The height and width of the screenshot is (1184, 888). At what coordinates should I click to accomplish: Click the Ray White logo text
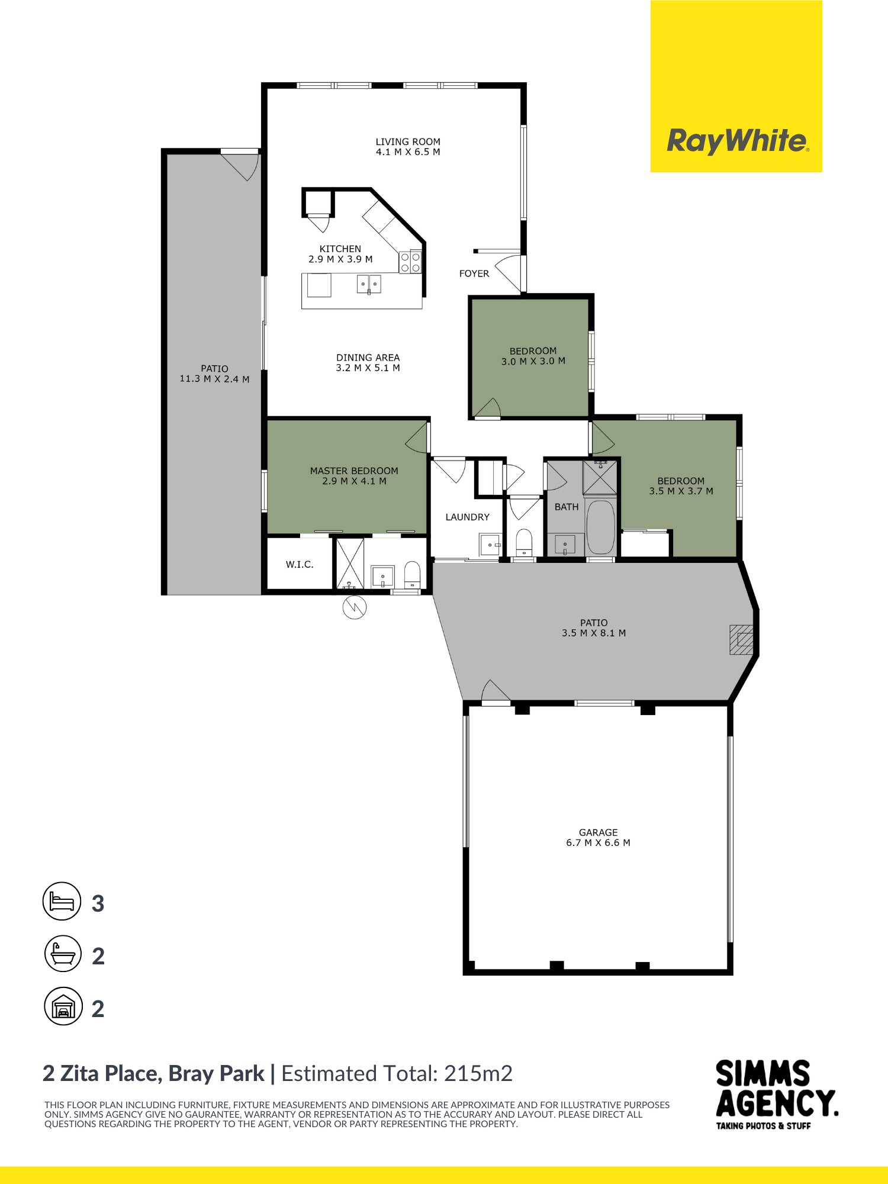click(737, 141)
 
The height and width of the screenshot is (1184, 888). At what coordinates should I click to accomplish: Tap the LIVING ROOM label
click(408, 142)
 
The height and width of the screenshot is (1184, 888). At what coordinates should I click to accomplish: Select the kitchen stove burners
click(410, 262)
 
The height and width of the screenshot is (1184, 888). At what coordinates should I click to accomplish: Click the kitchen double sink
click(369, 284)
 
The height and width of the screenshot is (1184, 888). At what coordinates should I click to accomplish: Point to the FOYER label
click(474, 274)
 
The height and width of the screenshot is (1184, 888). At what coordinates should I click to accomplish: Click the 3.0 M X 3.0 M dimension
click(533, 361)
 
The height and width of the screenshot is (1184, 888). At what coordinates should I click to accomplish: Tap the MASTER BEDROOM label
click(354, 471)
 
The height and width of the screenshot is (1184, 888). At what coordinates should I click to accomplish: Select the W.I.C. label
click(300, 565)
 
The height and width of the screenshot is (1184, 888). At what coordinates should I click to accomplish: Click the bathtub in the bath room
click(600, 527)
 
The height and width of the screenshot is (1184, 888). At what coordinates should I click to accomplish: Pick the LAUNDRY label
click(467, 517)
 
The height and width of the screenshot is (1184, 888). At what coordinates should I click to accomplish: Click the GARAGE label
click(598, 832)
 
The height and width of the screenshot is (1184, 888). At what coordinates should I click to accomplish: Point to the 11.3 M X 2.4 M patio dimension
click(214, 379)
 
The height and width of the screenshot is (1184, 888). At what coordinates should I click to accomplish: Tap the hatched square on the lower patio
click(741, 639)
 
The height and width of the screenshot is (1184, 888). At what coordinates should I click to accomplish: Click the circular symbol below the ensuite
click(355, 607)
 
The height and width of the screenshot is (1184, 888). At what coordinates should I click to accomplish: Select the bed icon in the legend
click(62, 901)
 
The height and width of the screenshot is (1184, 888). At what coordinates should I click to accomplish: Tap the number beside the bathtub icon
click(98, 956)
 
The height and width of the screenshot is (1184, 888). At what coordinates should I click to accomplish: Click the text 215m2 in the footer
click(478, 1073)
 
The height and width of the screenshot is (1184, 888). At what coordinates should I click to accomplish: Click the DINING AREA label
click(368, 358)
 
